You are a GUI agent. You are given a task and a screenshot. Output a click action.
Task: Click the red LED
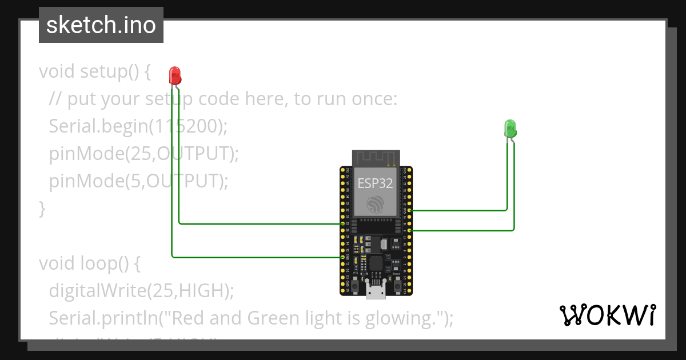(x=175, y=75)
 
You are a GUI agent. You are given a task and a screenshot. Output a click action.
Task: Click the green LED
(x=510, y=127)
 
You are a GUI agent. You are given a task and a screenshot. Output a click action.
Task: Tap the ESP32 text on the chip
(x=376, y=183)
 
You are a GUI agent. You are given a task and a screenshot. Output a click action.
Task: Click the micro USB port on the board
(x=376, y=293)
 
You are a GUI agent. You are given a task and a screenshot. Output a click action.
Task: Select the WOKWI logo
(x=607, y=315)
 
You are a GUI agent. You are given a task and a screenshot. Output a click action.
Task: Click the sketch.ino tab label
(x=101, y=25)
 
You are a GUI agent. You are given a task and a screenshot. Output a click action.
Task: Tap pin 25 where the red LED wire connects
(x=342, y=223)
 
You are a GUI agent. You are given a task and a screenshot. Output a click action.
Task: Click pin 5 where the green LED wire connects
(x=409, y=230)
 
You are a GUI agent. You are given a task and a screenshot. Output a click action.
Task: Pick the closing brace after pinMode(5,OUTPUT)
(x=42, y=208)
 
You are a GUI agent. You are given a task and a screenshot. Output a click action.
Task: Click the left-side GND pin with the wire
(x=342, y=258)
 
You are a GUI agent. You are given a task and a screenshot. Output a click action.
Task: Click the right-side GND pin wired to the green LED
(x=409, y=210)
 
